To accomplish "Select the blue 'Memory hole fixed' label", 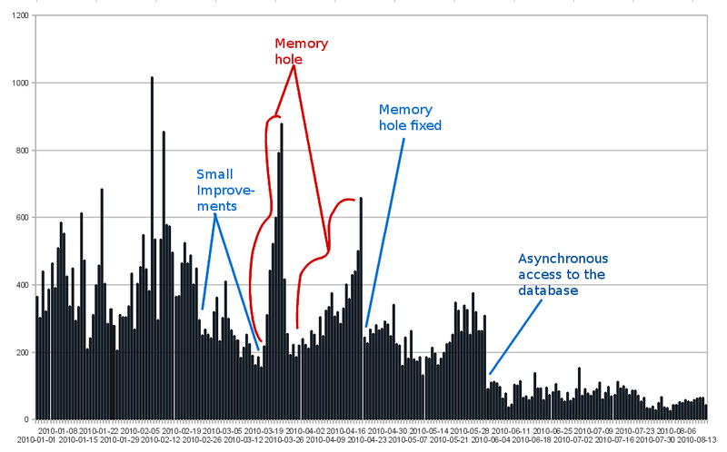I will click(410, 117).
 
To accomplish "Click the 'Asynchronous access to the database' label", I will click(563, 274).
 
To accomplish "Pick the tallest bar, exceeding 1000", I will click(152, 245).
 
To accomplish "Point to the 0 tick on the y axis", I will click(28, 419).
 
